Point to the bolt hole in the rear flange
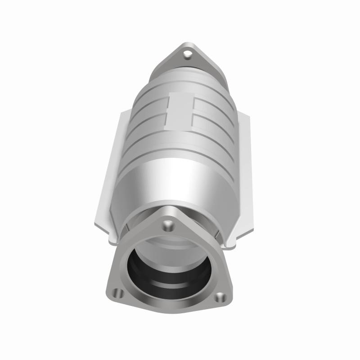(187, 54)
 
